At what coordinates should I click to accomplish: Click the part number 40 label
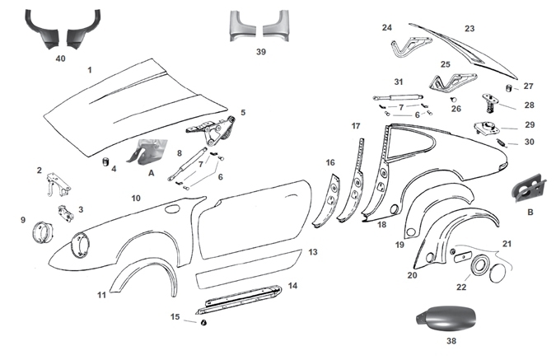pos(60,58)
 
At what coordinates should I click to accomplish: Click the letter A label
pos(150,174)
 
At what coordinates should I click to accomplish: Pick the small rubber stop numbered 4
pos(105,160)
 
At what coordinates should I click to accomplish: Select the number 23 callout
pos(469,29)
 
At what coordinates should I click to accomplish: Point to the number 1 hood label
pos(89,71)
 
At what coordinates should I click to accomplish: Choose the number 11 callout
pos(101,295)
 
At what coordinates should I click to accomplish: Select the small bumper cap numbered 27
pos(509,87)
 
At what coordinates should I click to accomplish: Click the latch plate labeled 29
pos(486,129)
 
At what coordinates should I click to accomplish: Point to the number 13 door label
pos(312,252)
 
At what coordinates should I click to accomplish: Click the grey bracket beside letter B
pos(526,188)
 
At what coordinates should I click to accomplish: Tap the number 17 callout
pos(356,126)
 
